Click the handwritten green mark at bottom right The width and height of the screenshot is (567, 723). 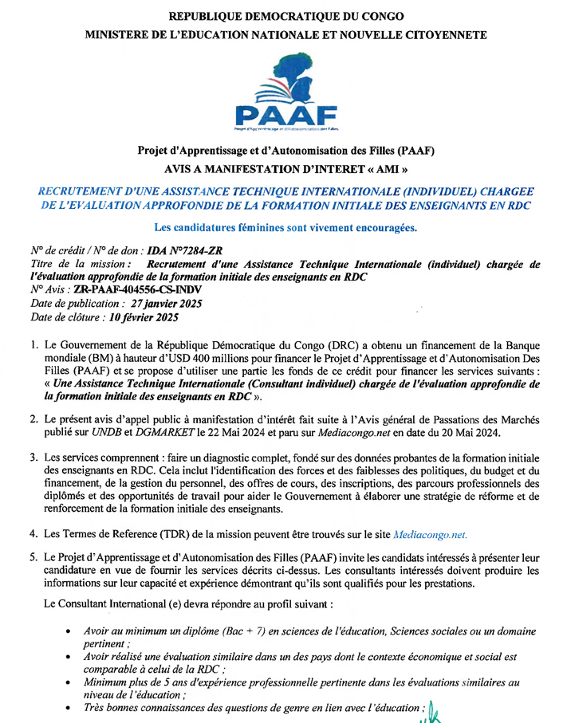tap(432, 710)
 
